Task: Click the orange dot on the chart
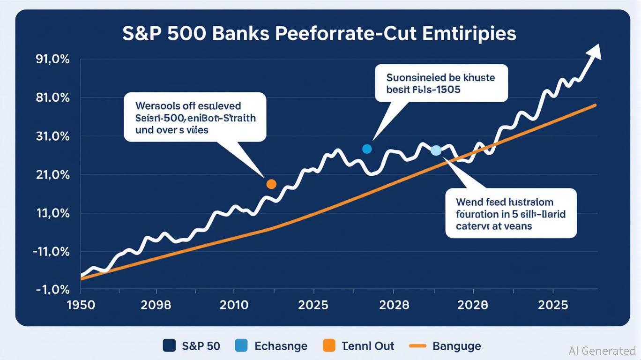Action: [x=271, y=184]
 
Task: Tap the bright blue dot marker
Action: [x=367, y=149]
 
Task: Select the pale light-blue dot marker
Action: [x=436, y=150]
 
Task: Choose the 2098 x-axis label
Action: [x=156, y=305]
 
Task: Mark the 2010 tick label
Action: [x=234, y=305]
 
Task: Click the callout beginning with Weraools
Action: [x=195, y=117]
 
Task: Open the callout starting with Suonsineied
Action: [x=441, y=83]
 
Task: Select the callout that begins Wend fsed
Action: [x=510, y=213]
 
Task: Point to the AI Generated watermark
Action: [x=602, y=350]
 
